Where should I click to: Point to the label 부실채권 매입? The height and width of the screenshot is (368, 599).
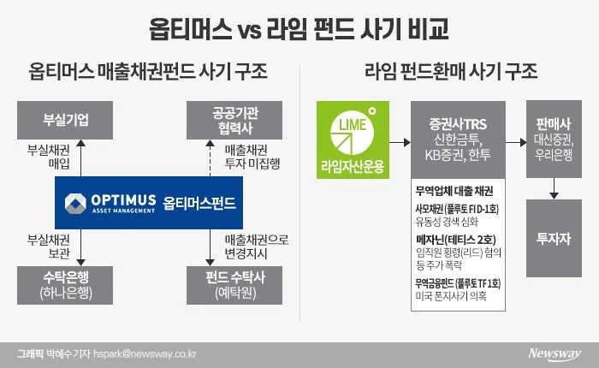tap(52, 156)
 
